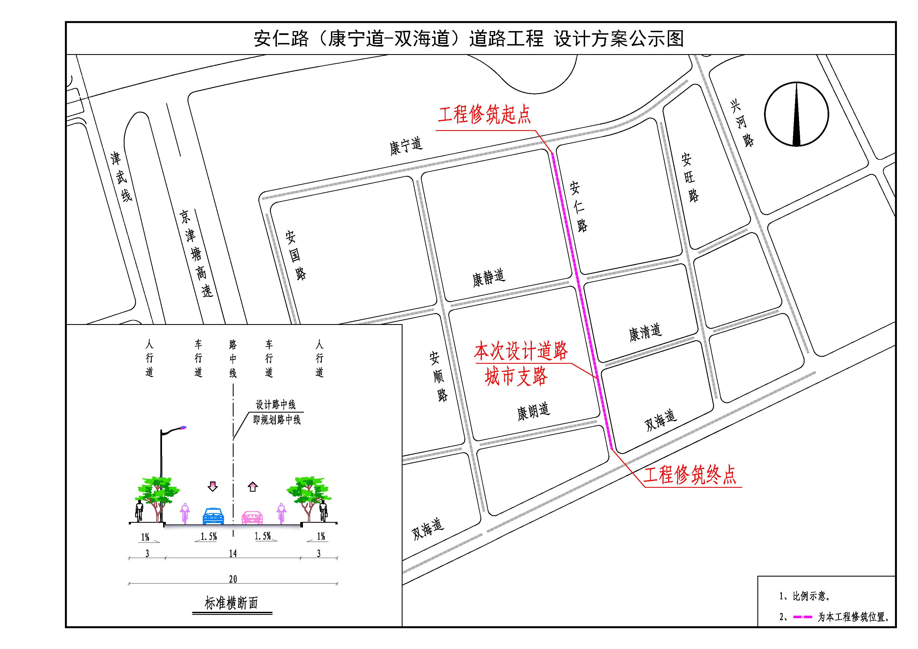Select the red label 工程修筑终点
coord(690,475)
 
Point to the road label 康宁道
coord(406,146)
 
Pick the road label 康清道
coord(645,333)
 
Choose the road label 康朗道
coord(533,411)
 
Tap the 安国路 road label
coord(295,255)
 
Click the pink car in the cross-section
coord(252,517)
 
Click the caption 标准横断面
coord(231,603)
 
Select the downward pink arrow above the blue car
coord(213,486)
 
